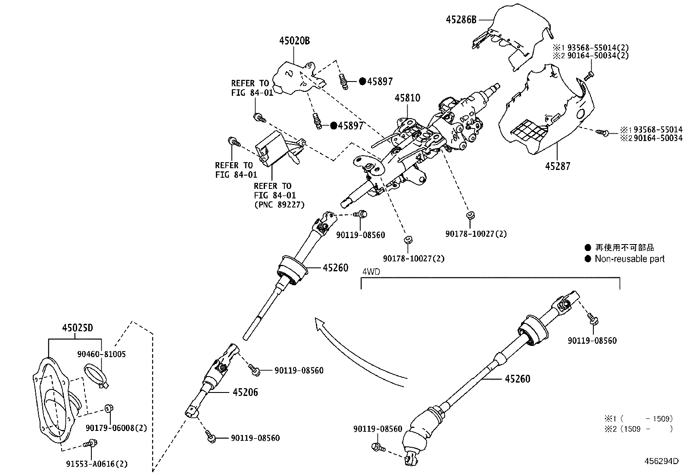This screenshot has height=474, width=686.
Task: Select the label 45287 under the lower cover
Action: pyautogui.click(x=557, y=166)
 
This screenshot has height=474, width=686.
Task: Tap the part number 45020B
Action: pyautogui.click(x=294, y=41)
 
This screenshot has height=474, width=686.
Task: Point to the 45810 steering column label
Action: pyautogui.click(x=407, y=98)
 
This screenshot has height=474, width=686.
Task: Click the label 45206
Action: pyautogui.click(x=245, y=392)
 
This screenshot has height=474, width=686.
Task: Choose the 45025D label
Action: pyautogui.click(x=77, y=328)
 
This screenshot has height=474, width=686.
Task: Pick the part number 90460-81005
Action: pyautogui.click(x=102, y=354)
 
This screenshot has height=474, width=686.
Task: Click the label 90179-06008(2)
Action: pyautogui.click(x=116, y=428)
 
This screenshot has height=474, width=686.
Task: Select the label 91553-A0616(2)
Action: pyautogui.click(x=97, y=464)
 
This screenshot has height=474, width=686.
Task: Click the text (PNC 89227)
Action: pyautogui.click(x=279, y=205)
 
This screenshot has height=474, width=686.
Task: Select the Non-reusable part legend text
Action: pyautogui.click(x=630, y=259)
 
